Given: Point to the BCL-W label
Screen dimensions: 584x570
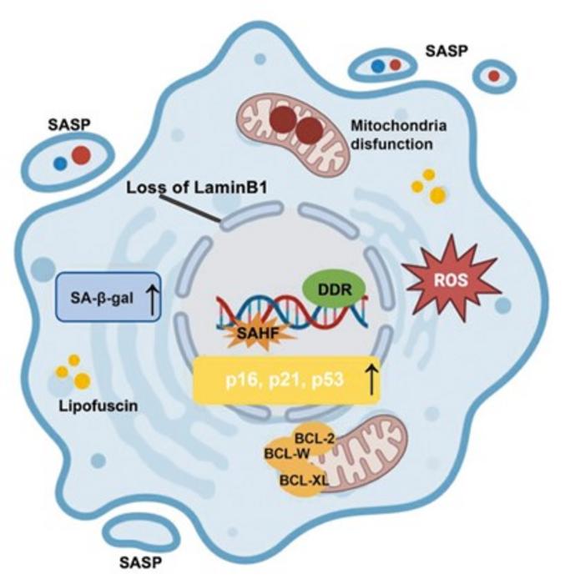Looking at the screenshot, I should click(x=281, y=457).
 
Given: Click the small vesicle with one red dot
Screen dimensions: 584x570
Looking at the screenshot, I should click(x=497, y=76).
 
